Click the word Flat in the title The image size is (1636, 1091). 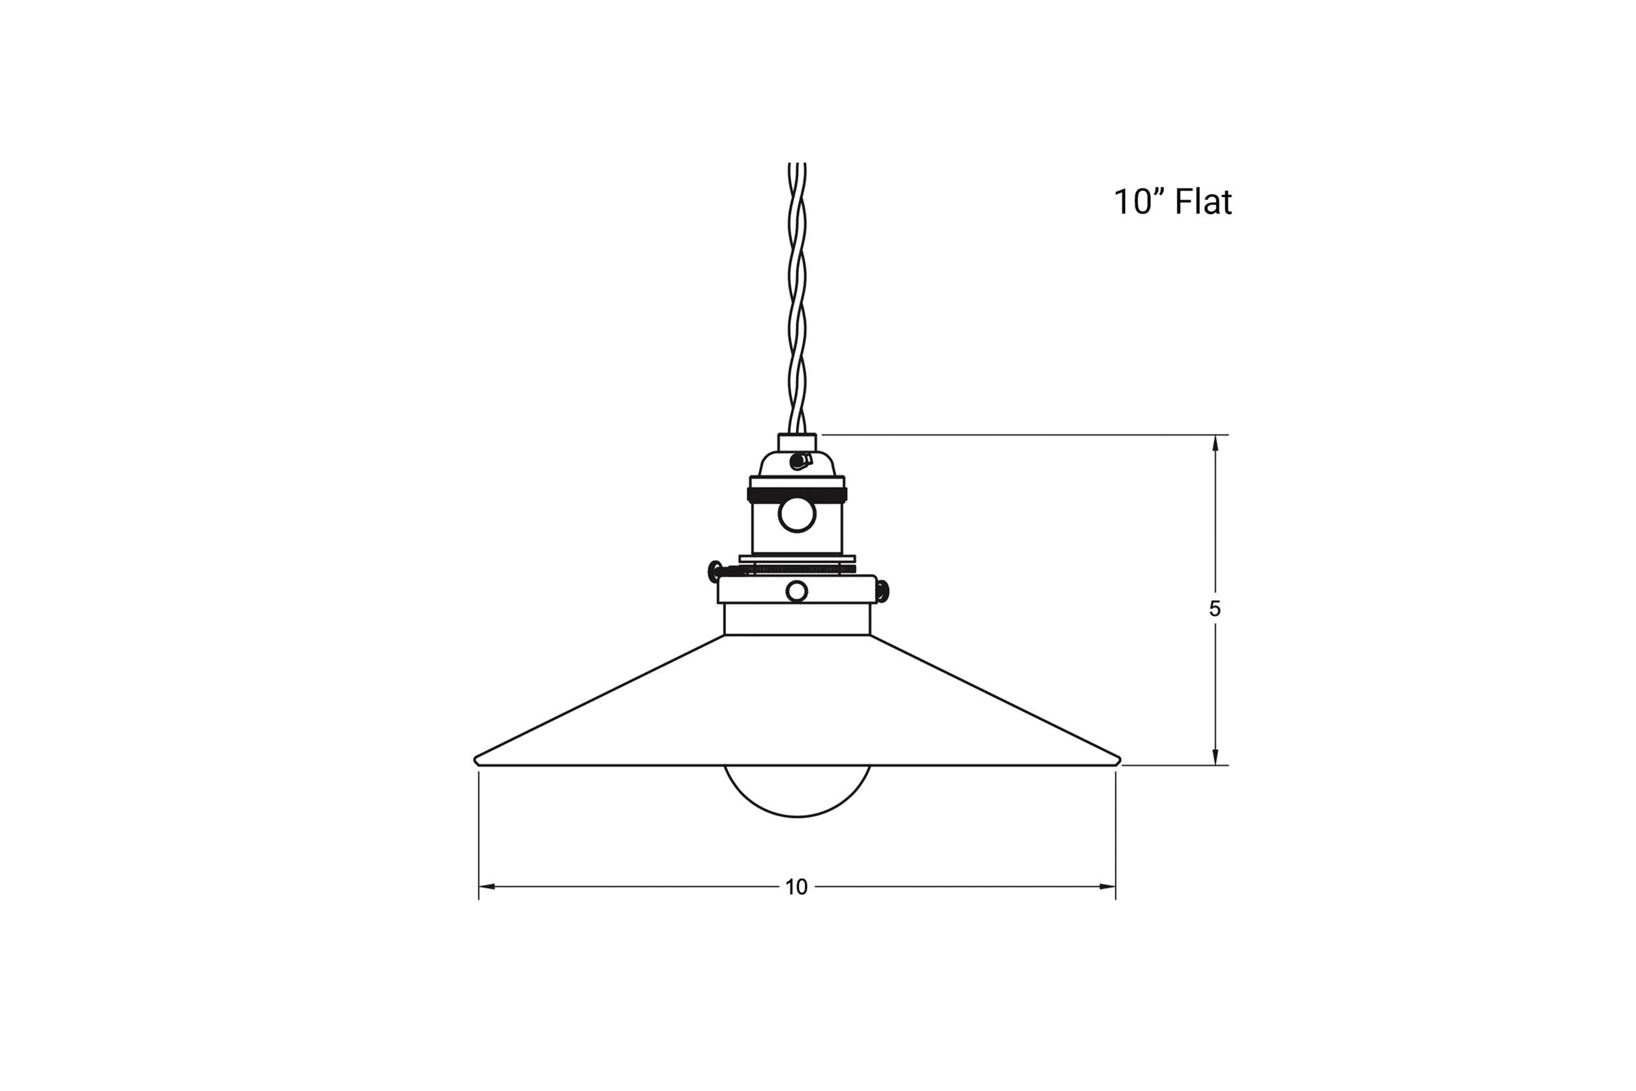1203,202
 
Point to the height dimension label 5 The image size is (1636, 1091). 1214,609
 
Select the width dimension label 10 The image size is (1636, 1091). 797,887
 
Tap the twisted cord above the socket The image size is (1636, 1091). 797,299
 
